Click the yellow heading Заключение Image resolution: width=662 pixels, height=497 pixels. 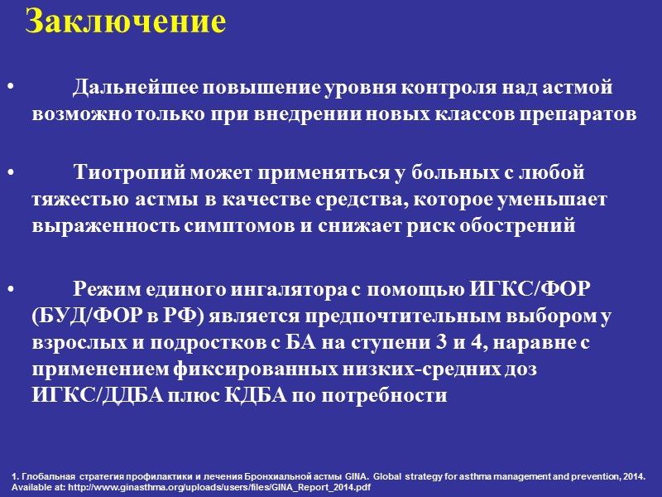coord(125,22)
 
